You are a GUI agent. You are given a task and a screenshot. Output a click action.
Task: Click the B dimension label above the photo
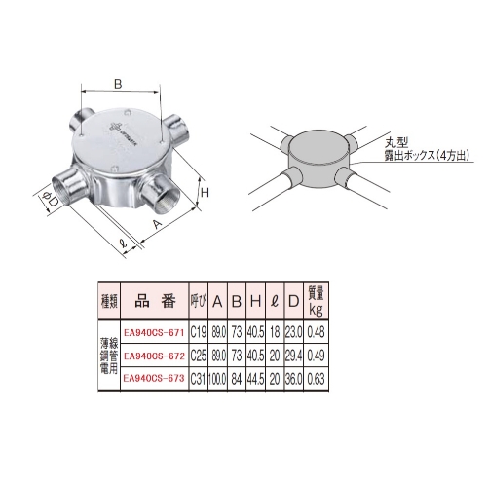(x=119, y=85)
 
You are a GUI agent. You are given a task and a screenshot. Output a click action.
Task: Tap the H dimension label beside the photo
(x=206, y=193)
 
